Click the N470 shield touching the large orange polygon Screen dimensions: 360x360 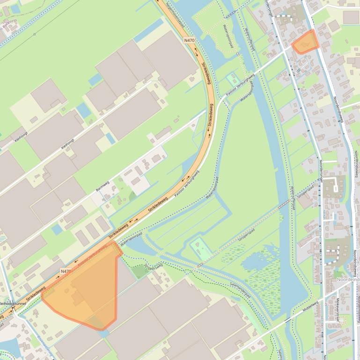(66, 271)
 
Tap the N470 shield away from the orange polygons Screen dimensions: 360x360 (189, 41)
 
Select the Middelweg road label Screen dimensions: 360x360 (310, 308)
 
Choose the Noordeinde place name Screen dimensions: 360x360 (347, 279)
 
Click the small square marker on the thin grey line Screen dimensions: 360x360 (35, 34)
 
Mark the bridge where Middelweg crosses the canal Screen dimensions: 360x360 (289, 320)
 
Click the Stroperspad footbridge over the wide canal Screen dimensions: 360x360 (283, 205)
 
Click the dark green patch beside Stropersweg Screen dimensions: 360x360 (139, 271)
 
